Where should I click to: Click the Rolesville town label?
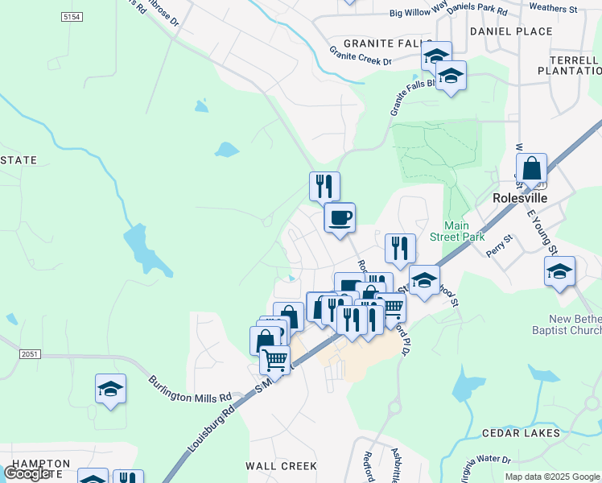click(x=520, y=198)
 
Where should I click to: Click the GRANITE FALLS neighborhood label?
click(x=376, y=43)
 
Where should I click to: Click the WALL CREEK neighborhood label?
click(x=281, y=466)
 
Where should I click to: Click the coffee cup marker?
click(x=340, y=217)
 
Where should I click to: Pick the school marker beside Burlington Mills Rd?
click(x=110, y=390)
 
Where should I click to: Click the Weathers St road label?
click(x=554, y=9)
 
